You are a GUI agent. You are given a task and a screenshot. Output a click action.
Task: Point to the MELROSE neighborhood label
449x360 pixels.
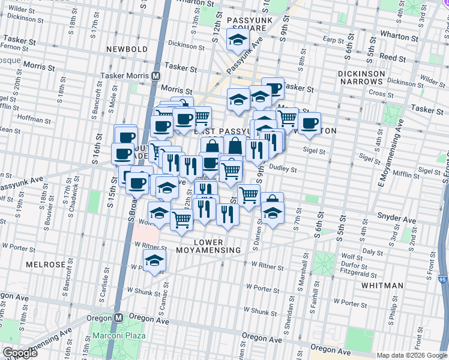(46, 265)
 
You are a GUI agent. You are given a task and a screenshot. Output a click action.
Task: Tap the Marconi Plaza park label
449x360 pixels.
(118, 335)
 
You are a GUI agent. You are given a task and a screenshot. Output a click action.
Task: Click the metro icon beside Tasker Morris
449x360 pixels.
(155, 76)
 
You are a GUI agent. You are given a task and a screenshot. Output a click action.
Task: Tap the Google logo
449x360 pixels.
(20, 353)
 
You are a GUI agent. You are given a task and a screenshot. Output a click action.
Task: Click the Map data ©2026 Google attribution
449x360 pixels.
(411, 356)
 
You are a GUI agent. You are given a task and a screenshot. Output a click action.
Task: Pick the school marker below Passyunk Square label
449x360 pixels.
(238, 40)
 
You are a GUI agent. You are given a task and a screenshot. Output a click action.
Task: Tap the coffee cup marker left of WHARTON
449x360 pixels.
(309, 124)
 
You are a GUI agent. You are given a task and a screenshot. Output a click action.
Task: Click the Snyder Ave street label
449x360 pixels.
(393, 215)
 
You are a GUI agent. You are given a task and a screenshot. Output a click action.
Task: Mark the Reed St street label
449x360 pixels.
(394, 58)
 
